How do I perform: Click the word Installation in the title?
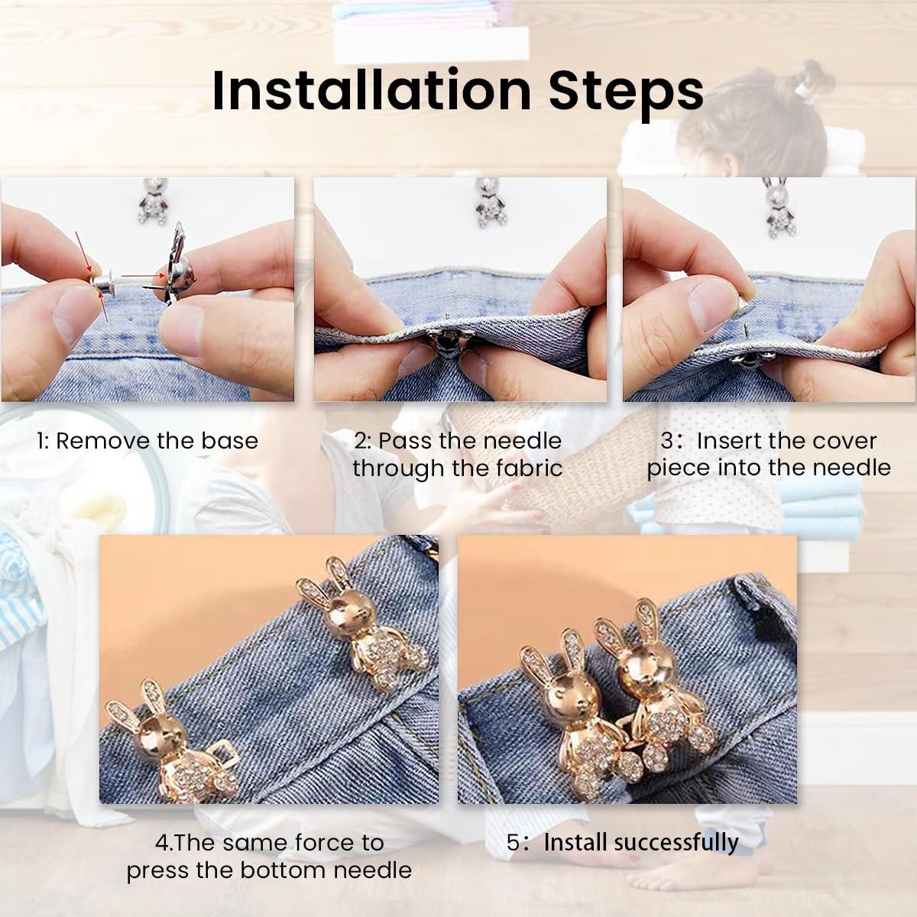(x=371, y=91)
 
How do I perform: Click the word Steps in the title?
(x=626, y=91)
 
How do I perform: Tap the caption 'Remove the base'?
(x=157, y=441)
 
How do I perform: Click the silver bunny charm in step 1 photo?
(x=154, y=202)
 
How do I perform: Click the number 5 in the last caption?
(x=514, y=843)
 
